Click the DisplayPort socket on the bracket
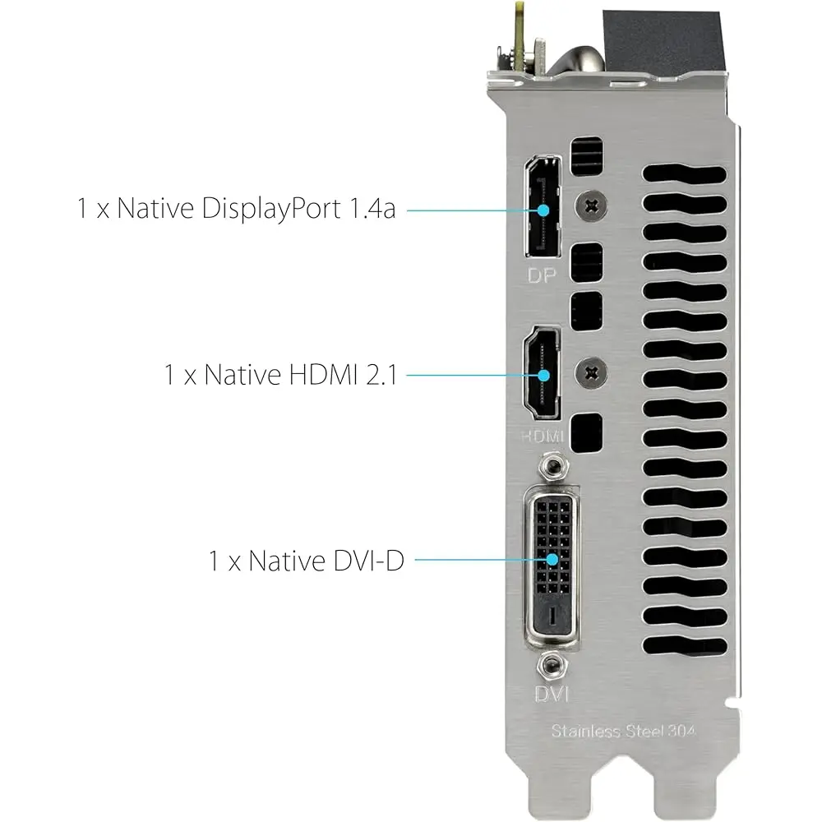(x=543, y=206)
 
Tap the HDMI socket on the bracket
(x=542, y=372)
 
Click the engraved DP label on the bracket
(x=542, y=275)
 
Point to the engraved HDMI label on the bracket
(x=543, y=436)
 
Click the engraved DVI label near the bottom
(x=552, y=694)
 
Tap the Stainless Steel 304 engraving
(x=623, y=731)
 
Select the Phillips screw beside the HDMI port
(x=591, y=373)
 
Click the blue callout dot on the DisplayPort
(x=543, y=210)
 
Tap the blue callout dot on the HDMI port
(x=543, y=376)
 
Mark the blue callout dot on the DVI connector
(x=552, y=560)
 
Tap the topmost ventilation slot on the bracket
(x=684, y=174)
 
